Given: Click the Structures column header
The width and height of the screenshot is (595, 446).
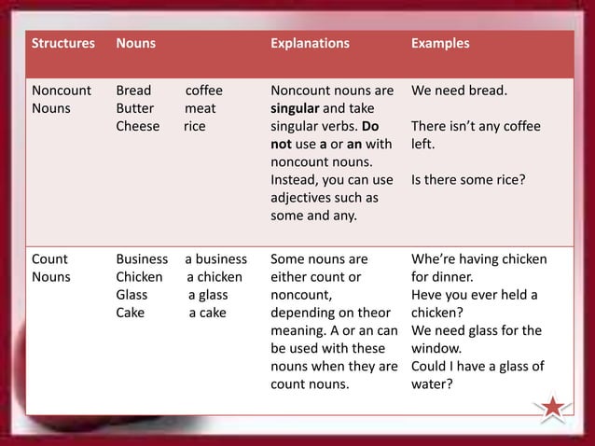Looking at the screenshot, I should tap(63, 44).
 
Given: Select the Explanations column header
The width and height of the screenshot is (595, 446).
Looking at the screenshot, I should tap(310, 44).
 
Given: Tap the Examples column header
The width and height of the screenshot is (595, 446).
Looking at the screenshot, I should tap(440, 44).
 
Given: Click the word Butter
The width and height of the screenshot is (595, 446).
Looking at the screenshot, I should tap(135, 109).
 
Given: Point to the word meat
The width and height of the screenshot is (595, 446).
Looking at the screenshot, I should tap(200, 109).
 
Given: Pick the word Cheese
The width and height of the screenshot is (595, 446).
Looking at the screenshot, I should tap(137, 127).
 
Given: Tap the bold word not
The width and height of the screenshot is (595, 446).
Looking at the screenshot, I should tap(282, 145).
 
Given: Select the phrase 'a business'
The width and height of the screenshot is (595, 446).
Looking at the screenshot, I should tap(215, 259).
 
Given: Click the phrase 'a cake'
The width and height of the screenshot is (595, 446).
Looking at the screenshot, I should tap(207, 313).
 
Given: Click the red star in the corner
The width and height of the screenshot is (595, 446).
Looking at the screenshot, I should tap(553, 408).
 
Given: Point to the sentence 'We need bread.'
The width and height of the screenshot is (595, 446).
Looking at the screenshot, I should tap(459, 91).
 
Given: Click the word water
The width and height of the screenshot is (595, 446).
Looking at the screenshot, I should tap(430, 383).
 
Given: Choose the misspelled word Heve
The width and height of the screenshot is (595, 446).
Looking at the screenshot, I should tap(427, 295).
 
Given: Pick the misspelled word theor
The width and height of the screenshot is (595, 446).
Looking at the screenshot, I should tap(373, 313).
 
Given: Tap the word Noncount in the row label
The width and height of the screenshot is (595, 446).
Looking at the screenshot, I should tap(62, 91).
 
